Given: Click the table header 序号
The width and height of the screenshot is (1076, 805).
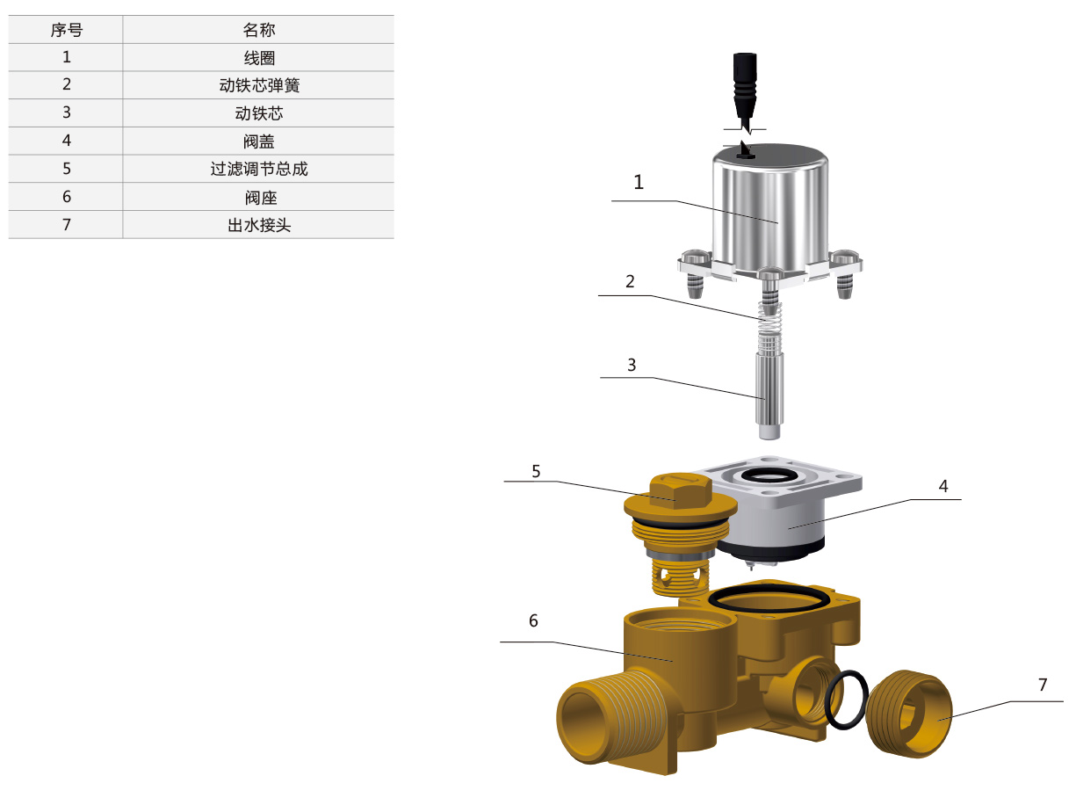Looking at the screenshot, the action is pos(66,30).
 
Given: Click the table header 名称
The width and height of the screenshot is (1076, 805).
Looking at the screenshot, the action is pos(259,30).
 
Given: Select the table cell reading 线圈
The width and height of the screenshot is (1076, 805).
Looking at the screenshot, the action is pos(259,58).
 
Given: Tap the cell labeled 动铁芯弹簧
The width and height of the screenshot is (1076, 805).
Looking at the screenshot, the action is pos(259,85).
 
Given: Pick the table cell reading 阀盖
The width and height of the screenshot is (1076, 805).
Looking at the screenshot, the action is pos(259,141).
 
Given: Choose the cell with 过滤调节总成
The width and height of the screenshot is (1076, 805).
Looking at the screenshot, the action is pos(259,169).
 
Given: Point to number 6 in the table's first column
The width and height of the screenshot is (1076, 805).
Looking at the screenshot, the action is pos(67,197).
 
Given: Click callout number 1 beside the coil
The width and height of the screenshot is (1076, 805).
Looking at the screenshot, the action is pos(638,183).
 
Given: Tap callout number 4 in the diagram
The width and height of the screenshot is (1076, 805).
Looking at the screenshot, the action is pos(942,486).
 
